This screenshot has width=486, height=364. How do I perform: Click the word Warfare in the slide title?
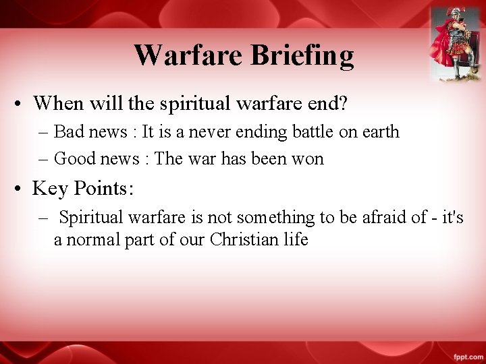click(188, 55)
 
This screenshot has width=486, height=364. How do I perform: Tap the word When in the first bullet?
click(57, 103)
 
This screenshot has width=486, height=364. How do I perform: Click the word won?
click(308, 159)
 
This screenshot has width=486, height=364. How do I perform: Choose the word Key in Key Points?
click(49, 188)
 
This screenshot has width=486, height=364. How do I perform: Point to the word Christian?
click(245, 239)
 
